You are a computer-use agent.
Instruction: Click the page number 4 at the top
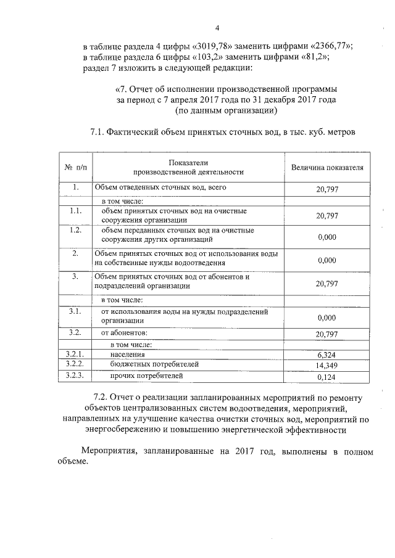coord(217,28)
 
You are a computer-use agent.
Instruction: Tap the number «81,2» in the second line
coord(310,57)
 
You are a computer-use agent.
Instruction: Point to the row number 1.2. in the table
coord(75,230)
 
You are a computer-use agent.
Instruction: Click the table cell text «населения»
coord(128,355)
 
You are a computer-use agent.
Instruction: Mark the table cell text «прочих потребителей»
coord(146,375)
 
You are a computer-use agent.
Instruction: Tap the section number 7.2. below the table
coord(102,398)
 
